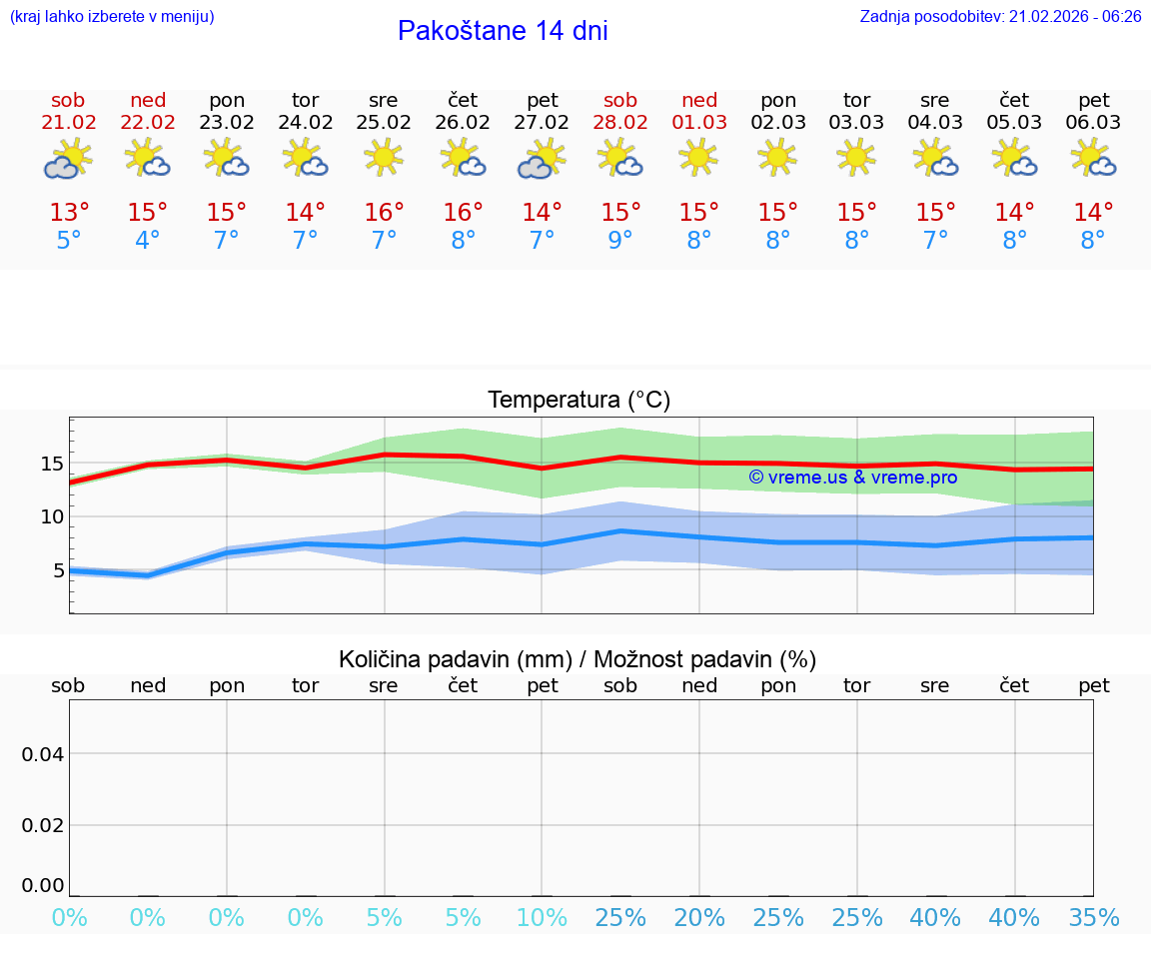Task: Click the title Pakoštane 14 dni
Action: pyautogui.click(x=503, y=31)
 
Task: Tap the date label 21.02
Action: pyautogui.click(x=69, y=123)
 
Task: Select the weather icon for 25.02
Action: pyautogui.click(x=384, y=158)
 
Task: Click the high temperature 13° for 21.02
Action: pyautogui.click(x=69, y=213)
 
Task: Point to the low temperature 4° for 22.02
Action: pyautogui.click(x=148, y=241)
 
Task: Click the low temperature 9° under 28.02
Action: pyautogui.click(x=620, y=241)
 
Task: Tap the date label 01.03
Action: pyautogui.click(x=699, y=123)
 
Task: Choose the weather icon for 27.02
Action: pyautogui.click(x=542, y=158)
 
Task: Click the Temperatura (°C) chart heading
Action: pyautogui.click(x=578, y=401)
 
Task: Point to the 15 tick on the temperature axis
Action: pyautogui.click(x=51, y=464)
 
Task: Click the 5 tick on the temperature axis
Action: pyautogui.click(x=57, y=571)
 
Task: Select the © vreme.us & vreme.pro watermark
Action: pyautogui.click(x=853, y=478)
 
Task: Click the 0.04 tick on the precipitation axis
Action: pyautogui.click(x=43, y=753)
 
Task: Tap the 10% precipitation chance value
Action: pyautogui.click(x=542, y=918)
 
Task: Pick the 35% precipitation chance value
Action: pyautogui.click(x=1094, y=918)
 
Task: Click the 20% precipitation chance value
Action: pyautogui.click(x=699, y=918)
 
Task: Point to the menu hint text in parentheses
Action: pyautogui.click(x=112, y=16)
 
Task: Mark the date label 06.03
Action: pyautogui.click(x=1094, y=123)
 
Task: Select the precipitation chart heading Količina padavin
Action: pyautogui.click(x=577, y=659)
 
